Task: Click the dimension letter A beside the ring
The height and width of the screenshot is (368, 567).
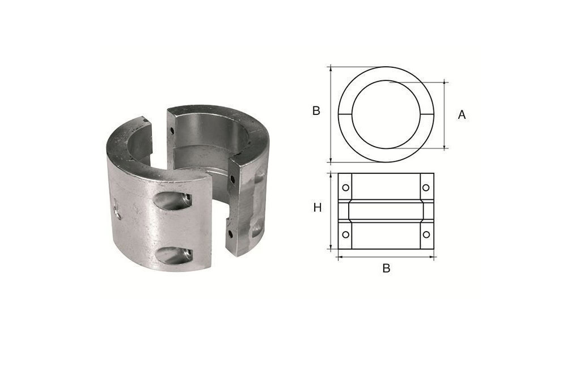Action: tap(462, 115)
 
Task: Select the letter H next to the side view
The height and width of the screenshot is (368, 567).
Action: tap(318, 208)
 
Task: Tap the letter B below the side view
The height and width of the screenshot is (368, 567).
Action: tap(386, 268)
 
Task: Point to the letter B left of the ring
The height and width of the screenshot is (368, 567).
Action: tap(316, 111)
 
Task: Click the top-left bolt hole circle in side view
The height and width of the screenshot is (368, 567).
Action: tap(345, 187)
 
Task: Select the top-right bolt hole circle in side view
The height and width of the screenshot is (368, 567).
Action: tap(426, 187)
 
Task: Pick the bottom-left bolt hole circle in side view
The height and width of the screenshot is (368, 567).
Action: tap(345, 234)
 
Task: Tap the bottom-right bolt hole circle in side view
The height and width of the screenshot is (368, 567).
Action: tap(426, 234)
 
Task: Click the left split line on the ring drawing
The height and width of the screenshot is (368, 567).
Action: tap(345, 114)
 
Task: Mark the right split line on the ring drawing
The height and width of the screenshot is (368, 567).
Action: tap(427, 114)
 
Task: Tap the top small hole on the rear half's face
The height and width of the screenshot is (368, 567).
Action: tap(172, 131)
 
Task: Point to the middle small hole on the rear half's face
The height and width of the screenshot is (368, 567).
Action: tap(232, 179)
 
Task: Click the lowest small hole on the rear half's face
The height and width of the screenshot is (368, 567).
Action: tap(231, 233)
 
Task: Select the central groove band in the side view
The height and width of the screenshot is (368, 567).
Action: tap(386, 211)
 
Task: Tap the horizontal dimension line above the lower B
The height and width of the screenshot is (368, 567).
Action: tap(386, 256)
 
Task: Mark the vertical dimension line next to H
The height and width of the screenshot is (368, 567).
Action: tap(331, 211)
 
